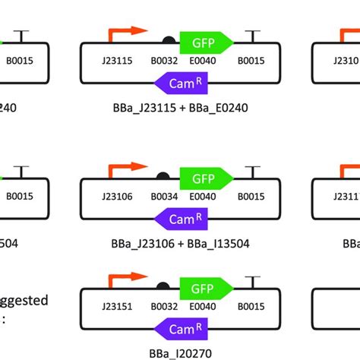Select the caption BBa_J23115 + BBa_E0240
(x=176, y=107)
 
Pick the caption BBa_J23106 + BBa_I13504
(x=176, y=244)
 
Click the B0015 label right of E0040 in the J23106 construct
(x=251, y=197)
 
